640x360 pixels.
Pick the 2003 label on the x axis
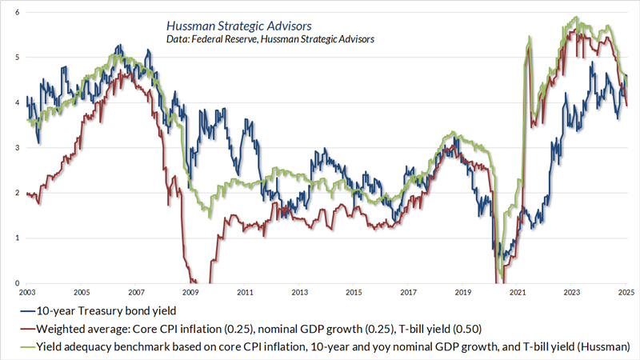27,294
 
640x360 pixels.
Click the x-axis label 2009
190,294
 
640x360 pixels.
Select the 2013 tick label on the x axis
300,294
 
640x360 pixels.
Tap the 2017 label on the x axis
409,294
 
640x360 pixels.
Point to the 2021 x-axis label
518,294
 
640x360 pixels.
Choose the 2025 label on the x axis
626,294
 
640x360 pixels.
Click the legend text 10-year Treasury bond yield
99,310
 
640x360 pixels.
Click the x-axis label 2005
82,294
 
